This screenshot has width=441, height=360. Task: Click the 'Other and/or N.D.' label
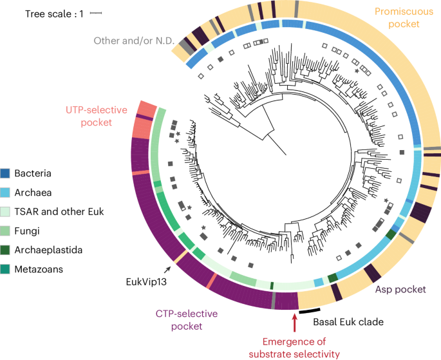pos(133,40)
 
